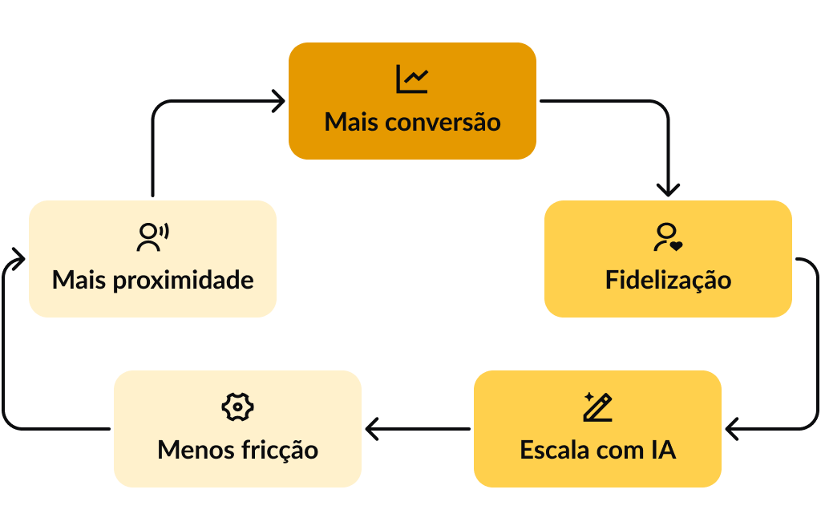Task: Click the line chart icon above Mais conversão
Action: click(x=412, y=79)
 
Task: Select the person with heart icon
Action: click(x=667, y=237)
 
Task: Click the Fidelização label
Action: click(x=668, y=281)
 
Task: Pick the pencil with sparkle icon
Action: click(x=597, y=407)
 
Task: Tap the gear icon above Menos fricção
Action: click(x=237, y=407)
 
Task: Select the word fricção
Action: click(x=279, y=450)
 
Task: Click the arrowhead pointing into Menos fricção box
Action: click(x=371, y=429)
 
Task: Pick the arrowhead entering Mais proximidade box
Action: click(x=19, y=259)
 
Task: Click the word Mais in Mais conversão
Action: click(x=351, y=123)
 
